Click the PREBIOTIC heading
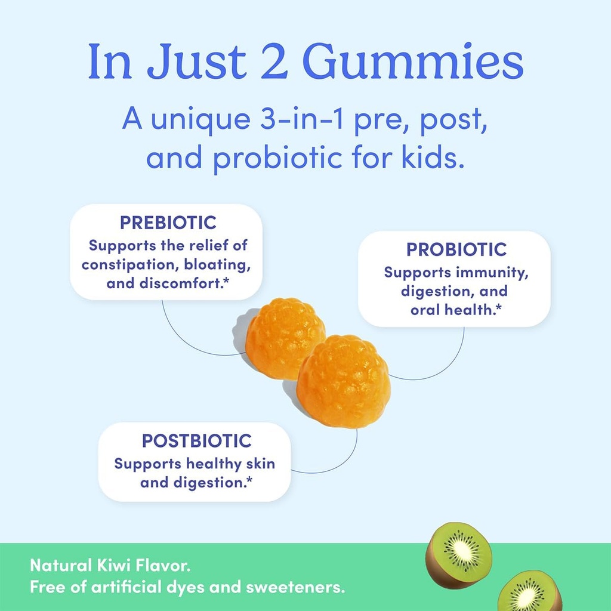pos(168,223)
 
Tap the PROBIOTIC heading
pos(456,249)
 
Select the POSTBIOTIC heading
pos(197,442)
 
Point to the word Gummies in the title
pos(413,63)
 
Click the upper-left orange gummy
pos(286,338)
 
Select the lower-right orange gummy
pos(344,380)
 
